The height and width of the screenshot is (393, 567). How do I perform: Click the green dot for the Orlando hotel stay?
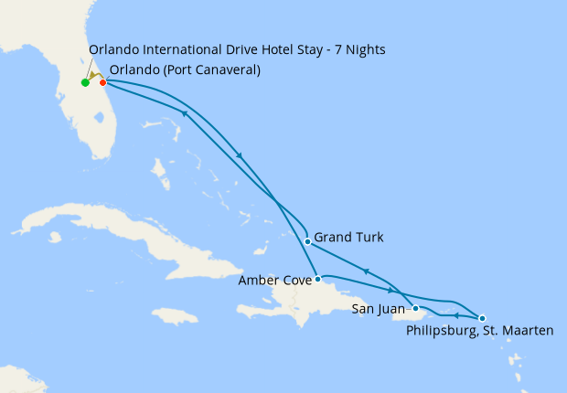pyautogui.click(x=85, y=82)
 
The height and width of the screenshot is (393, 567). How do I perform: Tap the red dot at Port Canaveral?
pyautogui.click(x=103, y=82)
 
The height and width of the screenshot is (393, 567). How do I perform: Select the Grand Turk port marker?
pyautogui.click(x=307, y=242)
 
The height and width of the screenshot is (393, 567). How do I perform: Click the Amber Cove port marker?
pyautogui.click(x=317, y=279)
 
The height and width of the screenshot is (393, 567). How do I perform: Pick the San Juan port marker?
pyautogui.click(x=415, y=308)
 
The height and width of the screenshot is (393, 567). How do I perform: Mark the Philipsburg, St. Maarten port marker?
pyautogui.click(x=482, y=317)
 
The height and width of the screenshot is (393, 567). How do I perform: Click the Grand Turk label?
pyautogui.click(x=348, y=238)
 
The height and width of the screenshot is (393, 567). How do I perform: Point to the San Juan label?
pyautogui.click(x=378, y=310)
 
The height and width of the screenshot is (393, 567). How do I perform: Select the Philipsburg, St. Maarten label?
pyautogui.click(x=479, y=331)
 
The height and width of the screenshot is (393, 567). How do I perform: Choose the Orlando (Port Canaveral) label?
pyautogui.click(x=184, y=71)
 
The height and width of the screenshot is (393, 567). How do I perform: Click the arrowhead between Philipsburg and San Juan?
pyautogui.click(x=455, y=314)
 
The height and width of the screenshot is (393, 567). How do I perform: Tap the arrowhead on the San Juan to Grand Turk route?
pyautogui.click(x=366, y=271)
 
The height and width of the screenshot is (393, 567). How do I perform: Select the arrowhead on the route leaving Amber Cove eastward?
pyautogui.click(x=390, y=290)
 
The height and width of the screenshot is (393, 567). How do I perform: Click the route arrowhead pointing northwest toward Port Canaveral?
pyautogui.click(x=184, y=113)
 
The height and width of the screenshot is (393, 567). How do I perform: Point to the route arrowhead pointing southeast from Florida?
pyautogui.click(x=240, y=155)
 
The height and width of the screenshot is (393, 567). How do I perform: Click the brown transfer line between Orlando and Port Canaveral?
pyautogui.click(x=94, y=77)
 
